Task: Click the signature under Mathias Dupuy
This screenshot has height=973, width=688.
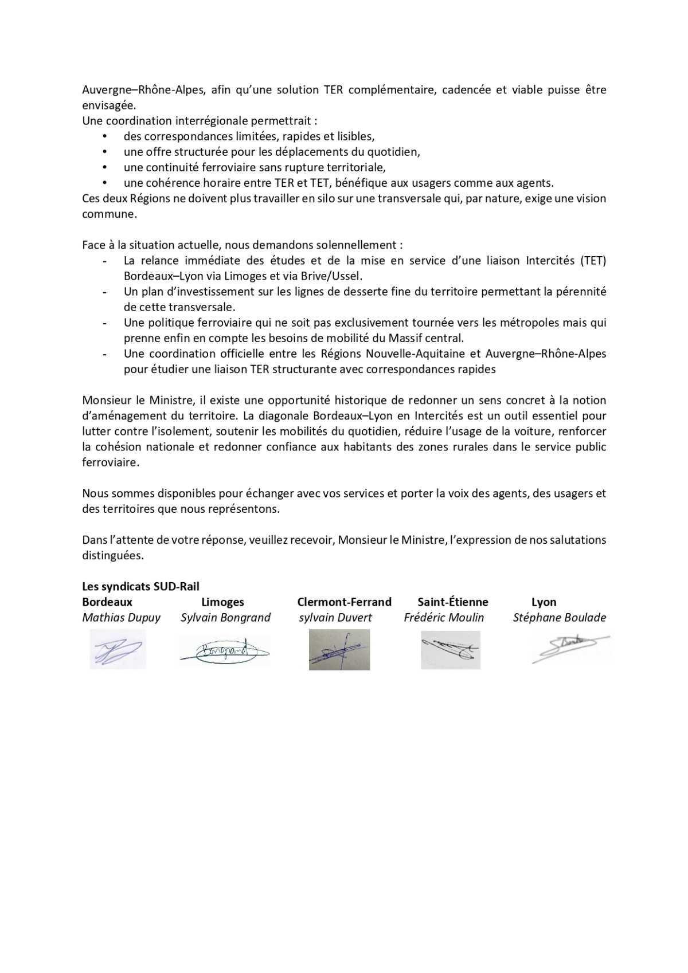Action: click(118, 649)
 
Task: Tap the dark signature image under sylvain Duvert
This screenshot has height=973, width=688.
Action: click(339, 649)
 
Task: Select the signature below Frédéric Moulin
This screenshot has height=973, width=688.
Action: click(450, 650)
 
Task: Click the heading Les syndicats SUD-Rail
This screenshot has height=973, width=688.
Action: click(140, 586)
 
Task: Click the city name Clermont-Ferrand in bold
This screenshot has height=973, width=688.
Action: click(344, 602)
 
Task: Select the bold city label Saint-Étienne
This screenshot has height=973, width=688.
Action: click(452, 602)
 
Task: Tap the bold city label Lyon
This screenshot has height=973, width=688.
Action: click(544, 602)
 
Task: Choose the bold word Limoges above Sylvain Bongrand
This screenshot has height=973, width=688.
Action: click(222, 602)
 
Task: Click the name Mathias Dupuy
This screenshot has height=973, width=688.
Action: click(121, 617)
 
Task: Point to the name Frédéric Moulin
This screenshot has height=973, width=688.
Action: click(444, 617)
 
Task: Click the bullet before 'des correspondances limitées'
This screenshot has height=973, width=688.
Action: click(104, 136)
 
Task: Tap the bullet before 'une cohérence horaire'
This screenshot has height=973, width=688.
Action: click(104, 183)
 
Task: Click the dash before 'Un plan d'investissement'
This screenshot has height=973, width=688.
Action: click(104, 292)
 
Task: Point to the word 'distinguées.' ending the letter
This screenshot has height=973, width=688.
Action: click(113, 555)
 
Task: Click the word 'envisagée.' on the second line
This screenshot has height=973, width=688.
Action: click(109, 105)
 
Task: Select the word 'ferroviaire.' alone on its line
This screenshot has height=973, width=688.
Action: click(111, 462)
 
